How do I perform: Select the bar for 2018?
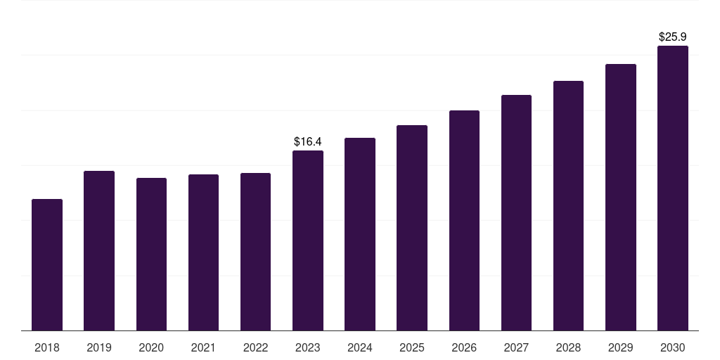click(x=47, y=265)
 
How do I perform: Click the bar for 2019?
click(x=99, y=251)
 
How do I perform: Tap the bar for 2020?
click(x=151, y=255)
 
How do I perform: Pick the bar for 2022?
click(x=255, y=252)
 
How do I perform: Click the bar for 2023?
click(x=308, y=240)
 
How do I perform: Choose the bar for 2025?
click(x=412, y=228)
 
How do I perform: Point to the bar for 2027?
click(x=516, y=212)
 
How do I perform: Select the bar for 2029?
click(x=621, y=198)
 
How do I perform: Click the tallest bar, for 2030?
click(x=673, y=188)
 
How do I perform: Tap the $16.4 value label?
click(x=308, y=141)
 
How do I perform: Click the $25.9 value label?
click(x=673, y=37)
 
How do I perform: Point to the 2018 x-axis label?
click(x=47, y=347)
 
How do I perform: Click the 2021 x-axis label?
click(x=203, y=347)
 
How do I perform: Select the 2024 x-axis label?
click(x=360, y=347)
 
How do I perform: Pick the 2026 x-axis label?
click(x=464, y=347)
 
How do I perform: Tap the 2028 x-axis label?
click(x=568, y=347)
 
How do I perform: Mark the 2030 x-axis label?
click(x=673, y=347)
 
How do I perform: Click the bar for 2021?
click(x=203, y=252)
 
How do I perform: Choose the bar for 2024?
click(x=360, y=234)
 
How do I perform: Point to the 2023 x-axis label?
click(x=308, y=347)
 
